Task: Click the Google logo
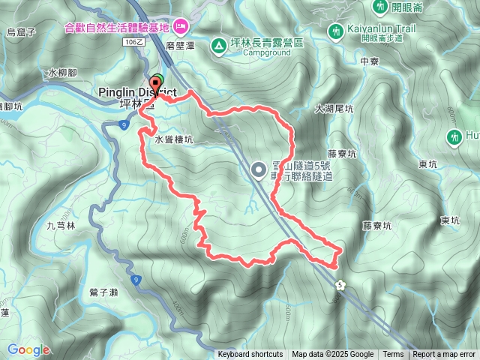coord(28,349)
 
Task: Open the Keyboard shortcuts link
coord(250,355)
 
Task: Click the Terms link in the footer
coord(393,355)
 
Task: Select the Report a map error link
coord(444,355)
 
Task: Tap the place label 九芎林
coord(61,225)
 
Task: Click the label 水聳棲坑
coord(174,139)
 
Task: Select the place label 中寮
coord(370,61)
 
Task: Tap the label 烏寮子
coord(21,31)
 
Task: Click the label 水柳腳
coord(61,73)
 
